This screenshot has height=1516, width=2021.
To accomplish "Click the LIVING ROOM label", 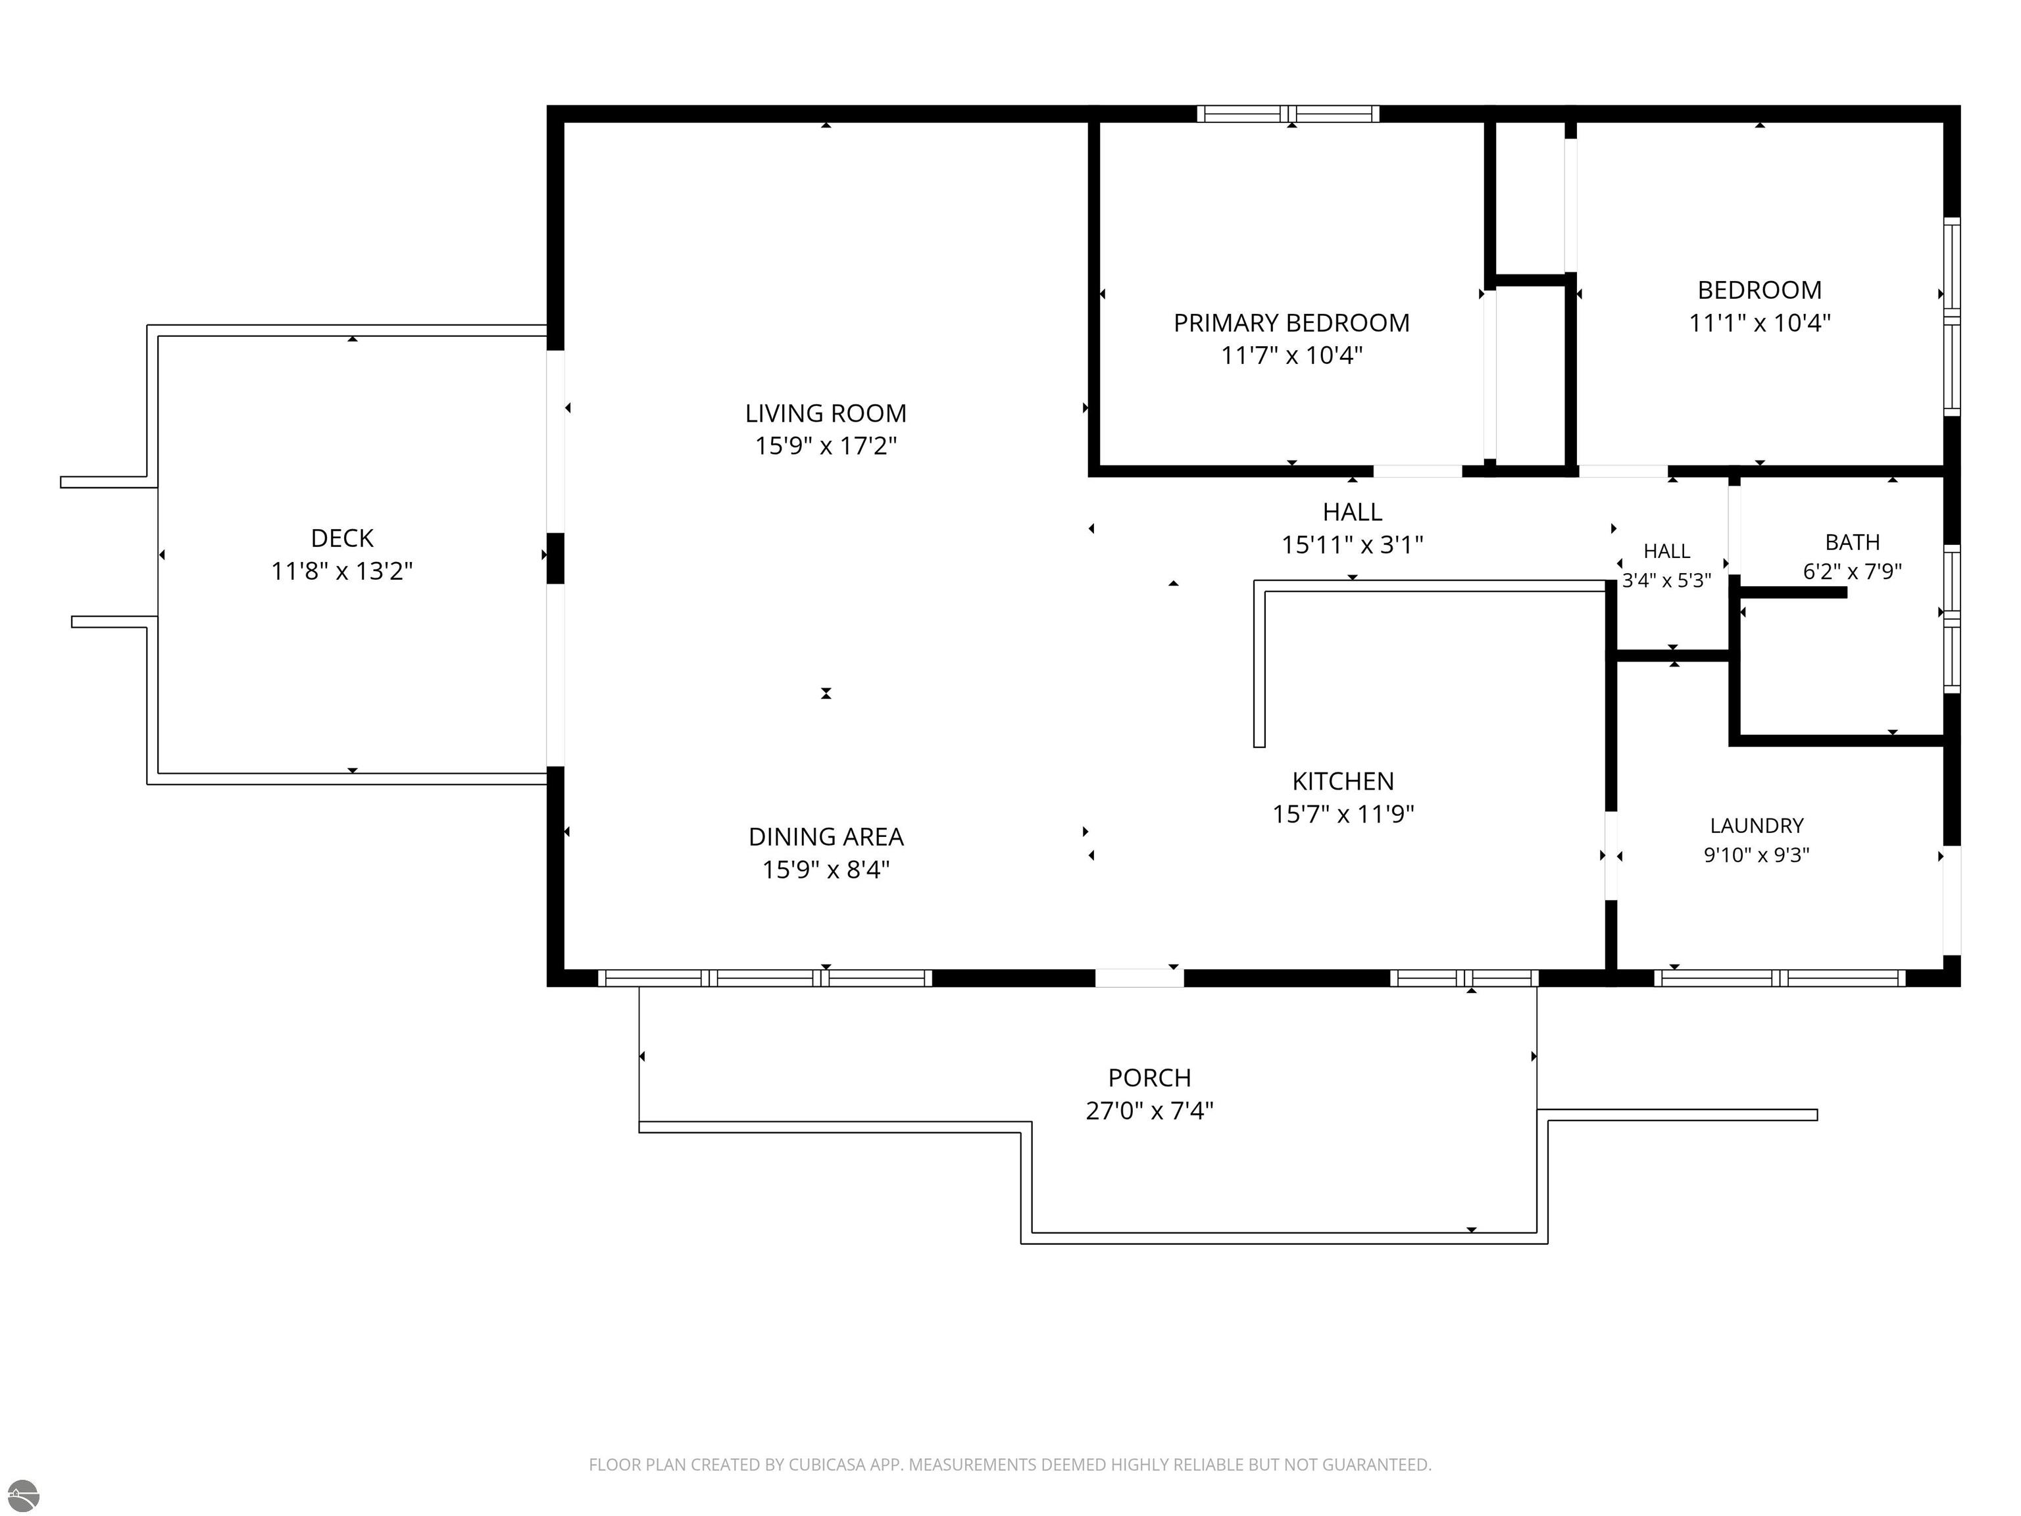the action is click(825, 414).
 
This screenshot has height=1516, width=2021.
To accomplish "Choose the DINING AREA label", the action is click(826, 837).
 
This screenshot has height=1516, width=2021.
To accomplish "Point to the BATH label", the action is click(1852, 543).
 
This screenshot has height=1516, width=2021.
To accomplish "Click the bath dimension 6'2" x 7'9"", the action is click(1852, 572).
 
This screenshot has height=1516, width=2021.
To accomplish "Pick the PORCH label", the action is click(1149, 1078).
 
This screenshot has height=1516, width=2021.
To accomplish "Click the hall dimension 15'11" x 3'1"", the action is click(1352, 545).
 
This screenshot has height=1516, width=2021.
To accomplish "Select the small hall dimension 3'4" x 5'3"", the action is click(1666, 581).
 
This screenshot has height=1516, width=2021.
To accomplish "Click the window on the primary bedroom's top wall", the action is click(1288, 114).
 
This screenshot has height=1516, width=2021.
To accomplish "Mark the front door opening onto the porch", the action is click(1139, 978).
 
